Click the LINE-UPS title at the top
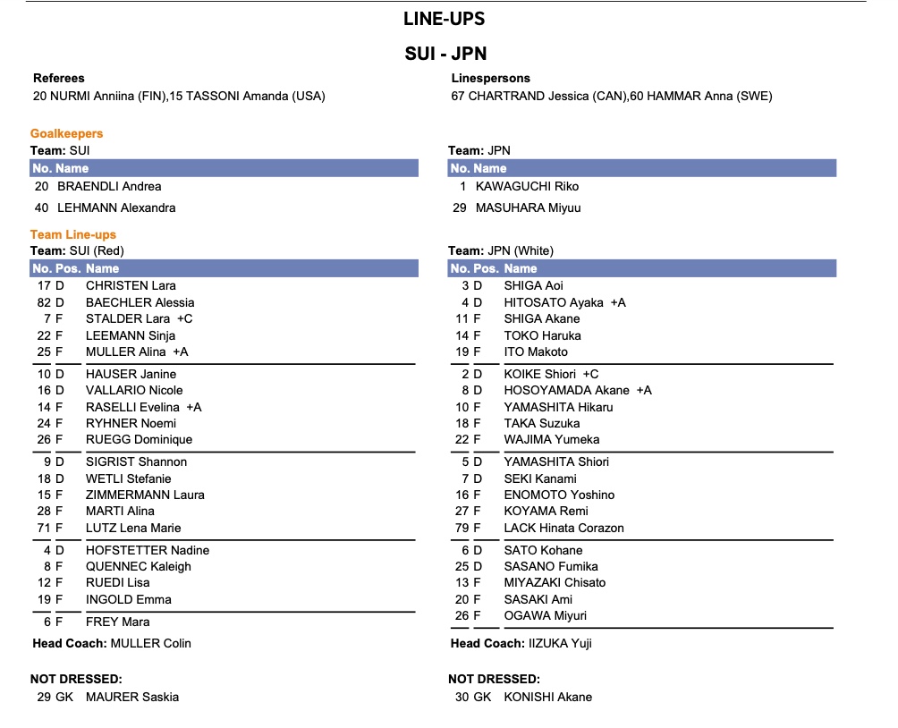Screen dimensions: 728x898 444,19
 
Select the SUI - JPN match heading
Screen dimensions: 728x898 444,53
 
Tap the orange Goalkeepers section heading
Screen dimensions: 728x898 66,133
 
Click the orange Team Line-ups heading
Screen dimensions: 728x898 73,234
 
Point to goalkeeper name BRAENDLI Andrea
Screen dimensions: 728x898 109,186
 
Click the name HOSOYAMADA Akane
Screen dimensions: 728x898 567,390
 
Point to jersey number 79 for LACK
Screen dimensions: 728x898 462,528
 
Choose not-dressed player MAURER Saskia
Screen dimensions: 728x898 132,697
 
